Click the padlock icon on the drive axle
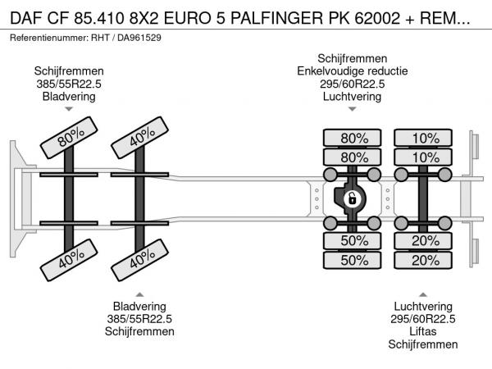click(x=352, y=198)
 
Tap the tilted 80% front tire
click(x=68, y=141)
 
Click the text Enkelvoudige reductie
click(x=352, y=71)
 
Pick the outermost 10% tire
click(x=425, y=138)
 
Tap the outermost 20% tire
click(x=425, y=260)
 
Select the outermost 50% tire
click(x=353, y=260)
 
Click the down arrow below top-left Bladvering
click(x=69, y=109)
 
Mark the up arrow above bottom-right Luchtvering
click(x=424, y=293)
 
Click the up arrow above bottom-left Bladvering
click(x=139, y=293)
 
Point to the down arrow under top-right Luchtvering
click(x=352, y=109)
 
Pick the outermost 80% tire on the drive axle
click(x=353, y=138)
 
